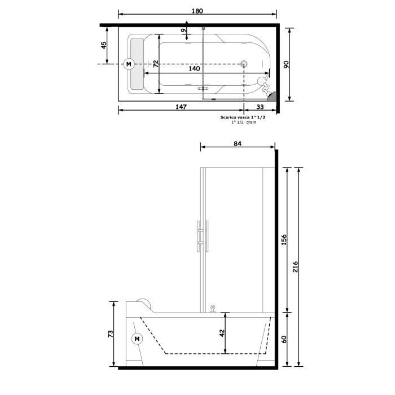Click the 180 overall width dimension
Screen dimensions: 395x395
[197, 11]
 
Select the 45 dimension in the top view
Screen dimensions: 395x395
[104, 45]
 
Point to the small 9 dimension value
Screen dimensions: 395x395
[183, 30]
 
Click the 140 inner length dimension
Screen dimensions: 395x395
[194, 68]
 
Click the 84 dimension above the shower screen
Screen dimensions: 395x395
[237, 144]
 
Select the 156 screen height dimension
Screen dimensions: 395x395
[284, 239]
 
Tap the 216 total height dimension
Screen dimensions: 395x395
[296, 266]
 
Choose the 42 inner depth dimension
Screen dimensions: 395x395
[222, 333]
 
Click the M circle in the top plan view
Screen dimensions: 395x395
[128, 64]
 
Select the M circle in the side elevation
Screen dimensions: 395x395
[137, 339]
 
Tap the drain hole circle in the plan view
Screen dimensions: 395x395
[244, 64]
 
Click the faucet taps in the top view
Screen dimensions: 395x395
[262, 85]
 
